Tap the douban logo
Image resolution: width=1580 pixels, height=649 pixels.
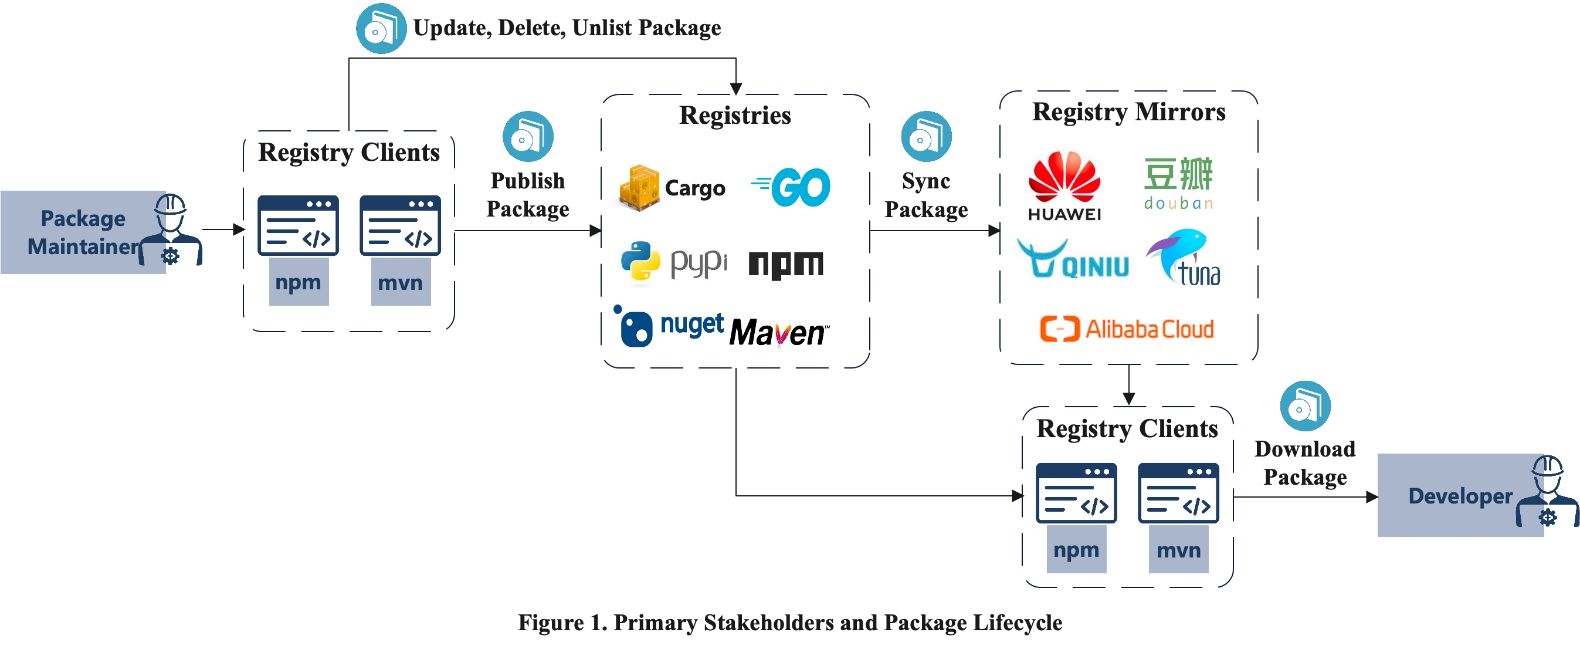[1178, 184]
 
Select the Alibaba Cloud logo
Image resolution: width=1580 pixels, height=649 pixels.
[1127, 329]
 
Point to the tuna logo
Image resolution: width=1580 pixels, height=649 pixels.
[1184, 258]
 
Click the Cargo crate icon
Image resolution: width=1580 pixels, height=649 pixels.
[639, 187]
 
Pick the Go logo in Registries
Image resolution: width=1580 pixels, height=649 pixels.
[791, 187]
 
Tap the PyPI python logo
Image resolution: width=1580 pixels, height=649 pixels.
[640, 262]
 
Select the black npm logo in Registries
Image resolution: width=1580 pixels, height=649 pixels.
[786, 265]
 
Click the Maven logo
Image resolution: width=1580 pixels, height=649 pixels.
[779, 333]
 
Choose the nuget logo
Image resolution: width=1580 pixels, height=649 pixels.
[669, 326]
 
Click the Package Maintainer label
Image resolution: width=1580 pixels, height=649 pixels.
[83, 232]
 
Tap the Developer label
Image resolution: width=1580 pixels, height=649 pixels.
[1460, 496]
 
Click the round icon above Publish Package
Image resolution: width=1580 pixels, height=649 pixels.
[528, 136]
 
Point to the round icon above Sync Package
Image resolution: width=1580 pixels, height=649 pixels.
[926, 136]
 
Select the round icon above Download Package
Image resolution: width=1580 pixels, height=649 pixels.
[1305, 406]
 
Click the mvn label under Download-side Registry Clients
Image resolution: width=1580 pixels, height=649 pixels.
[1178, 550]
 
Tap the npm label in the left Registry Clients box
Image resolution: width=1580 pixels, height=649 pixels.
[299, 282]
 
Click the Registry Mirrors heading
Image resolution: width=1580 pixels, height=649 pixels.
[1128, 112]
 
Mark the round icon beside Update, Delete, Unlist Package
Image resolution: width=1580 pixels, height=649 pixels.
[381, 28]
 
